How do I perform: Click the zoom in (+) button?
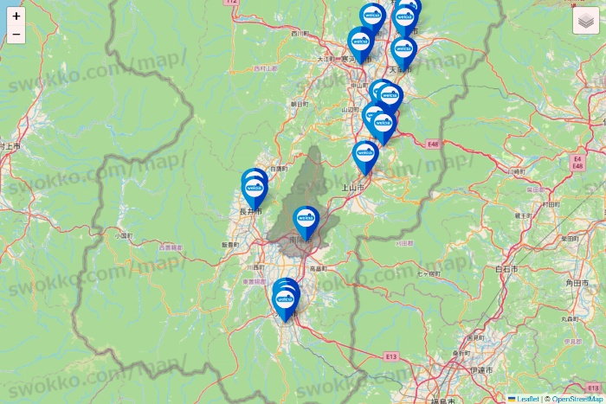pyautogui.click(x=16, y=16)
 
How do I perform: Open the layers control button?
pyautogui.click(x=586, y=20)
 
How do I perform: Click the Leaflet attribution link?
pyautogui.click(x=527, y=399)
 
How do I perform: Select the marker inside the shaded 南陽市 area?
pyautogui.click(x=306, y=221)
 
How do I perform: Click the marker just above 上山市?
pyautogui.click(x=366, y=157)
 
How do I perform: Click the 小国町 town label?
pyautogui.click(x=122, y=234)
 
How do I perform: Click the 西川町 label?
pyautogui.click(x=300, y=34)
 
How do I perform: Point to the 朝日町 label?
pyautogui.click(x=299, y=104)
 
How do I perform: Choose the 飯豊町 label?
pyautogui.click(x=229, y=246)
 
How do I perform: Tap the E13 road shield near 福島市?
pyautogui.click(x=392, y=356)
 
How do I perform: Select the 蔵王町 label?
pyautogui.click(x=521, y=215)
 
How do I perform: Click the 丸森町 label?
pyautogui.click(x=569, y=319)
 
